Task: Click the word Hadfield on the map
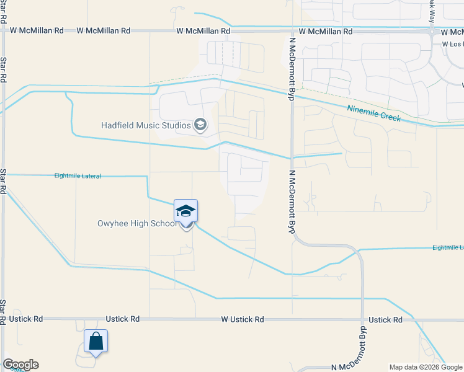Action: [x=117, y=126]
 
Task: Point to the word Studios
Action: [x=175, y=126]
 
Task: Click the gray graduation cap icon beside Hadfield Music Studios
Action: [x=200, y=126]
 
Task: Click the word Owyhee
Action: [x=113, y=224]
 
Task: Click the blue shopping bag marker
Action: [x=96, y=342]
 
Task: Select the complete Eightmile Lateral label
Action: [x=78, y=176]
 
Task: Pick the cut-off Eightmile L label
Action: [x=448, y=247]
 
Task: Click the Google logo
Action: [x=20, y=365]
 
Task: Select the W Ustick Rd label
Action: [x=243, y=319]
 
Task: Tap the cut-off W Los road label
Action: [x=452, y=44]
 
